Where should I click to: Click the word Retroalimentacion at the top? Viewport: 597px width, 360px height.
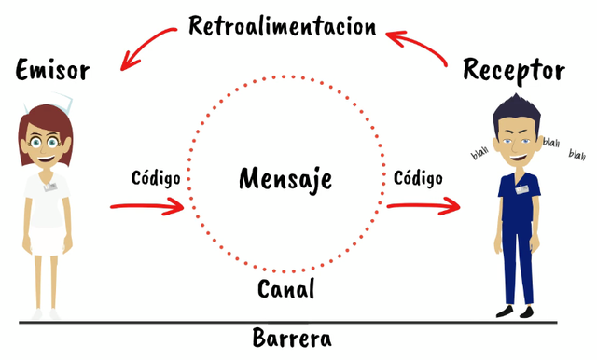click(283, 24)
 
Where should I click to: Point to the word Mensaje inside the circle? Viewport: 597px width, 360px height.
click(285, 177)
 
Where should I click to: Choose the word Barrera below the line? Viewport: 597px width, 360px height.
click(291, 338)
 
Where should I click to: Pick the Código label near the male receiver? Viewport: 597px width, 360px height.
click(417, 175)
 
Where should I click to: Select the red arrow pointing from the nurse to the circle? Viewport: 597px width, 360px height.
click(149, 206)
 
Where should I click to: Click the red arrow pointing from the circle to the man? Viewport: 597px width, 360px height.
click(425, 204)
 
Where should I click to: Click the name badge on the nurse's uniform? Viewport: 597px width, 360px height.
click(50, 186)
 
